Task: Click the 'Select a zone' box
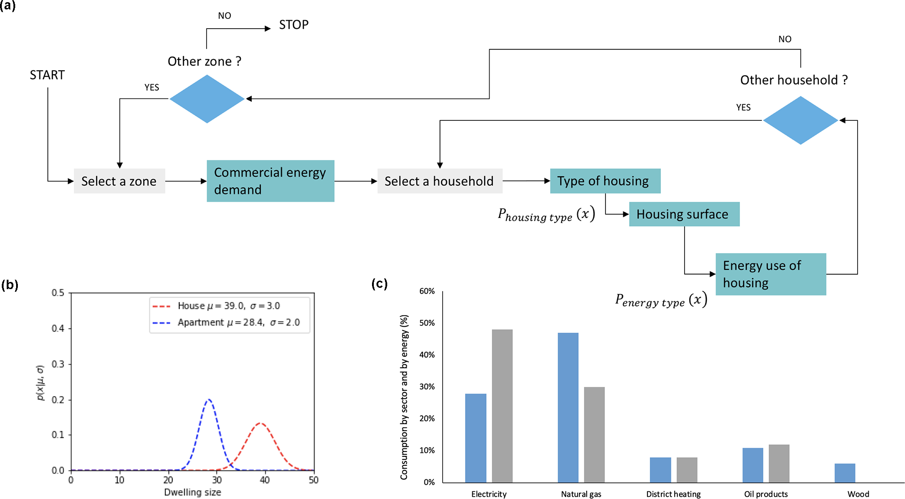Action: pos(119,181)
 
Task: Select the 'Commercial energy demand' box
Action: pos(270,181)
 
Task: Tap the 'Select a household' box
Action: pos(439,181)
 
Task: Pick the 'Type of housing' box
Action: pos(605,181)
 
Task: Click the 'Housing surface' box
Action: pos(684,214)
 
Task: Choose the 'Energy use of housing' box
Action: pos(770,274)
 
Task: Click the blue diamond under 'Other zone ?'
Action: pos(207,98)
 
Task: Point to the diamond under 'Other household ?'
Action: pos(800,120)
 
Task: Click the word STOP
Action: pos(294,25)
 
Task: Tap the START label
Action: pos(47,75)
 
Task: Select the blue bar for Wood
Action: pos(845,473)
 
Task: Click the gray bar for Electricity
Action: pos(502,405)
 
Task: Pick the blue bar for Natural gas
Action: pos(568,407)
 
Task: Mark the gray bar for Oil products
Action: pos(779,463)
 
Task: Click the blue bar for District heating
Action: pos(660,469)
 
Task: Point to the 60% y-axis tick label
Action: pos(427,291)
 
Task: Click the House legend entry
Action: pos(216,306)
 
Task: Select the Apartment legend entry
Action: pos(226,322)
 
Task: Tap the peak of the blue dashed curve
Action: pos(209,400)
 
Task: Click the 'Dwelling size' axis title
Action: pos(192,492)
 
